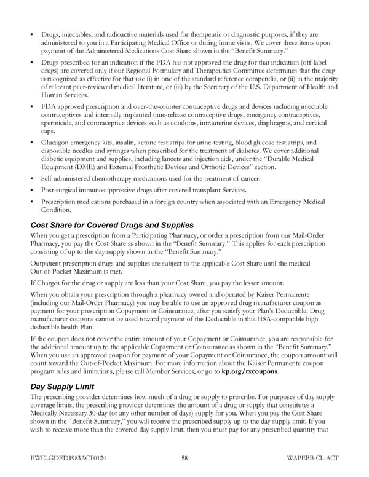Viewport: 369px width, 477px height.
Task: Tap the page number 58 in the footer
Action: click(x=184, y=457)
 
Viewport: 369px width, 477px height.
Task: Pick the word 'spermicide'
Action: click(x=58, y=124)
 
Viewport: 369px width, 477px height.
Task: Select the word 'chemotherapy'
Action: click(x=119, y=178)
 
